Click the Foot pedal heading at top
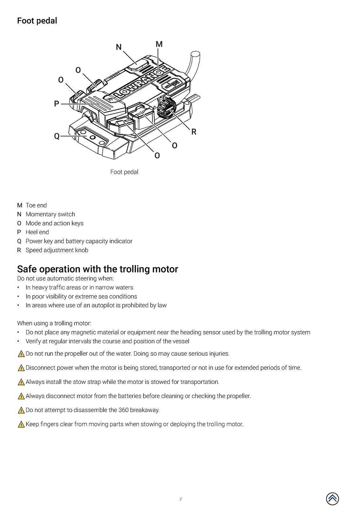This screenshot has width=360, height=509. pos(37,21)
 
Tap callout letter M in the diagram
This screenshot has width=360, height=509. pos(159,44)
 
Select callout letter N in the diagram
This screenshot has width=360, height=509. pos(119,47)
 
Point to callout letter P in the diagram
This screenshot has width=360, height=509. pos(57,104)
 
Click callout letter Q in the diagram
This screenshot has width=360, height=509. pos(57,136)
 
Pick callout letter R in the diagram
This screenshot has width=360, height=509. pos(194,132)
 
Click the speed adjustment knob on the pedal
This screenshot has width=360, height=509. pos(166,108)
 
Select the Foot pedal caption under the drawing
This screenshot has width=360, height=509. pos(124,172)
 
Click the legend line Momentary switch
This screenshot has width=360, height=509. pos(50,214)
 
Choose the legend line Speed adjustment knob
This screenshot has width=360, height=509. pos(57,250)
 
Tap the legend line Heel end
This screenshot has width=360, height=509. pos(37,232)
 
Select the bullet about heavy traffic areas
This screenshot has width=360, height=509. pos(79,287)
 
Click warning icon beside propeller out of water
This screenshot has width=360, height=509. pos(21,354)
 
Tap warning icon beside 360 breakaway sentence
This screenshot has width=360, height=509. pos(21,410)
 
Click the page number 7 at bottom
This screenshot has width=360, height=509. pos(180,499)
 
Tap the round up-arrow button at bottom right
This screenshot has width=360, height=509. pos(332,499)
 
